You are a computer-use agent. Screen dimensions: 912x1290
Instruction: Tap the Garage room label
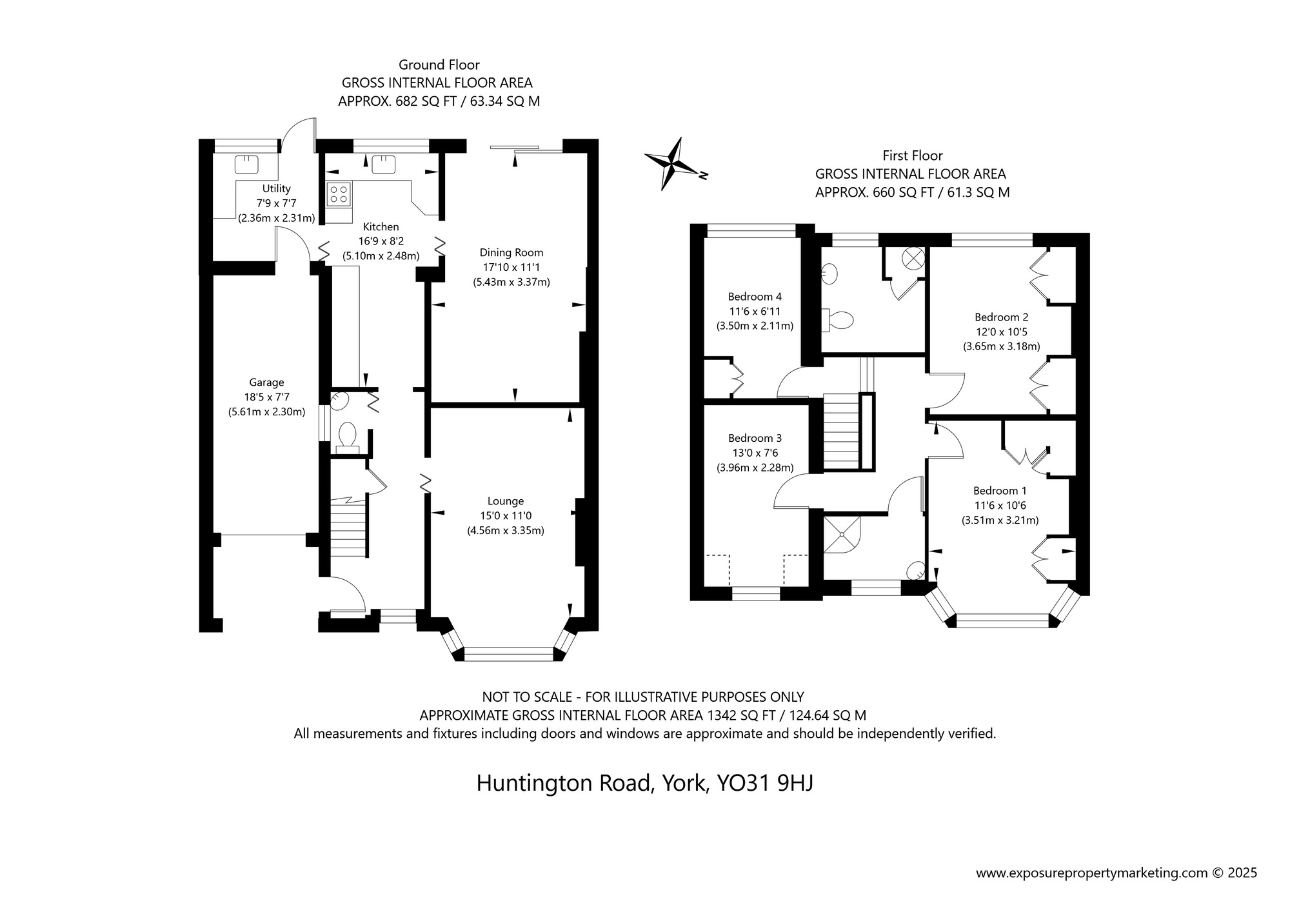[x=266, y=382]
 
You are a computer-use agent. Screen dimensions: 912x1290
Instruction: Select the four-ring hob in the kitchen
[x=339, y=193]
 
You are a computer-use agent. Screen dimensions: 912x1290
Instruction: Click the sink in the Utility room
[x=246, y=165]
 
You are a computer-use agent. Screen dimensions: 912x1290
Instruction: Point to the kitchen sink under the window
[x=384, y=165]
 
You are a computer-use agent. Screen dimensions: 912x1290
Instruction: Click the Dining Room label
[x=511, y=253]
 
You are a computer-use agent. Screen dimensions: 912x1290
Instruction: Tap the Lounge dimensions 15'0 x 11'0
[x=506, y=516]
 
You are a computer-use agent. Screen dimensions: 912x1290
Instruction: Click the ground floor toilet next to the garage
[x=347, y=435]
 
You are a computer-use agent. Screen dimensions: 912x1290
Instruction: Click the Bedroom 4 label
[x=755, y=297]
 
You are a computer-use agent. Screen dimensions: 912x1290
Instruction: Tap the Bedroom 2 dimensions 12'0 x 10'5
[x=1001, y=332]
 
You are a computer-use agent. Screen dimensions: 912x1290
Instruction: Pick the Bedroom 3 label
[x=755, y=439]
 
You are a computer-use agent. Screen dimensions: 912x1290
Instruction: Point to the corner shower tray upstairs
[x=842, y=533]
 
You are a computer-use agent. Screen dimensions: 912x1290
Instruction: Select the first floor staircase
[x=842, y=432]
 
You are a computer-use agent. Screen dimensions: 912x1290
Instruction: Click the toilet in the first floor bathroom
[x=840, y=319]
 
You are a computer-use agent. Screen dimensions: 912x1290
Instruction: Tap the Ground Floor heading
[x=439, y=64]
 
